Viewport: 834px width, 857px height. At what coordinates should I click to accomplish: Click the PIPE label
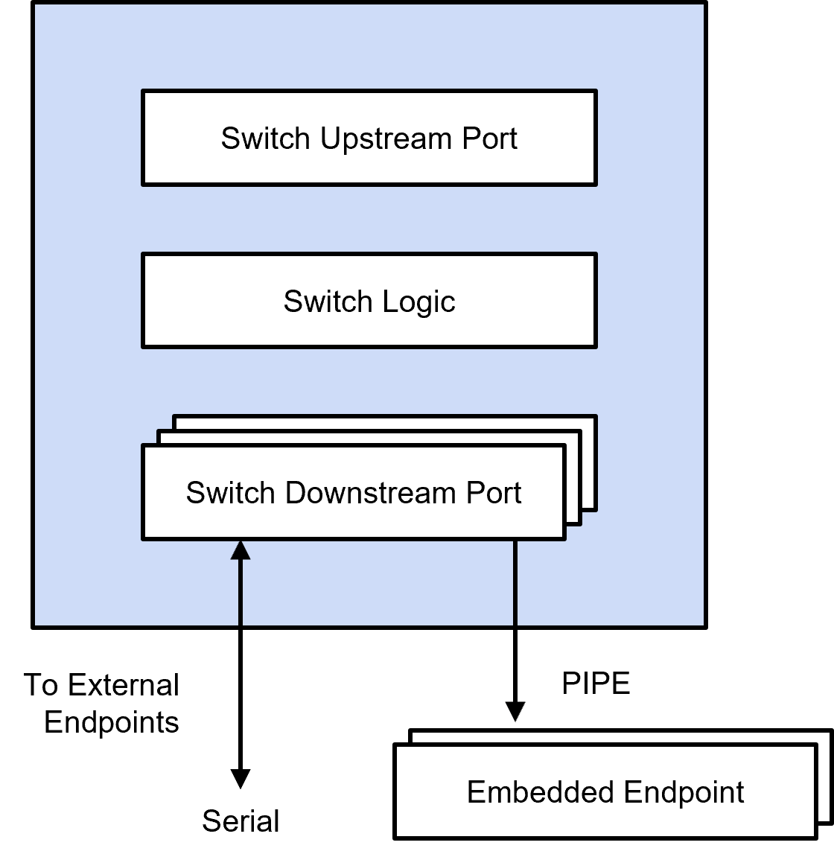coord(596,684)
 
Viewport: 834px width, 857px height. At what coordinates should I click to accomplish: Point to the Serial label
coord(241,821)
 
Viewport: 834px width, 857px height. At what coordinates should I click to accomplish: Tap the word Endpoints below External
coord(112,722)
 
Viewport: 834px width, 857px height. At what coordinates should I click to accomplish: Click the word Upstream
coord(386,139)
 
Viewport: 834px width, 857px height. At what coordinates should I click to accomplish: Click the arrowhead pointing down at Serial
coord(241,778)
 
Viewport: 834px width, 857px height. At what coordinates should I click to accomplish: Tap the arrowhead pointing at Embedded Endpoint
coord(515,711)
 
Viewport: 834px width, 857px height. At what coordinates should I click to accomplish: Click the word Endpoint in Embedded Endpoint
coord(684,792)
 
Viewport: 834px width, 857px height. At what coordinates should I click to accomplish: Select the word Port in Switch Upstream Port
coord(489,139)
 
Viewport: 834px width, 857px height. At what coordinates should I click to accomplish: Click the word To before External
coord(42,685)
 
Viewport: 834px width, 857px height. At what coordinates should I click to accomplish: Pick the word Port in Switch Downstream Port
coord(494,493)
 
